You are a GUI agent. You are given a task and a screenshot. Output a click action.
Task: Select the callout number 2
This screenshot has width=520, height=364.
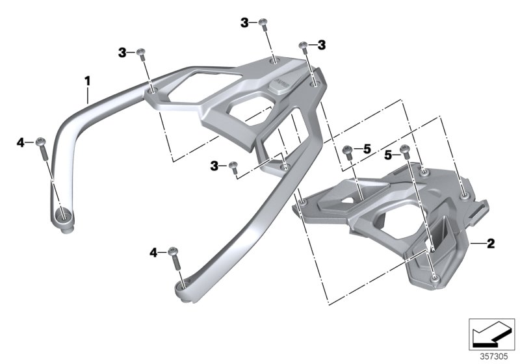pos(491,244)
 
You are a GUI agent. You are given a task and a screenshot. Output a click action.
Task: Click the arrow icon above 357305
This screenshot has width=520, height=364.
pos(495,335)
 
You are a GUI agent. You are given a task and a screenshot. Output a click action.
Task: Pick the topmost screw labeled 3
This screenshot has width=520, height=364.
pos(263,23)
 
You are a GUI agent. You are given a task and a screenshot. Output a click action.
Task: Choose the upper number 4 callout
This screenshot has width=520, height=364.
pos(20,142)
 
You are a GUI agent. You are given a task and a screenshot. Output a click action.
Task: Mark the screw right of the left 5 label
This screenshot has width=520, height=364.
pos(346,151)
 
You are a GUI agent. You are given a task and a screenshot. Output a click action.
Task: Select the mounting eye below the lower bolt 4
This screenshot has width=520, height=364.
pos(183,286)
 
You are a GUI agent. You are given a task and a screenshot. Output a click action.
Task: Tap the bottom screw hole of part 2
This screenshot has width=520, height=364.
pos(434,278)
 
